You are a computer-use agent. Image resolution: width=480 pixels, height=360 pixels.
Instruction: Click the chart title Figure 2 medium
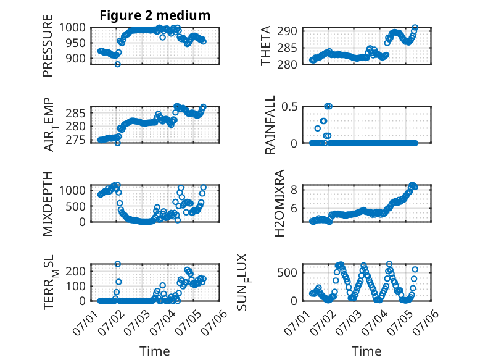[155, 15]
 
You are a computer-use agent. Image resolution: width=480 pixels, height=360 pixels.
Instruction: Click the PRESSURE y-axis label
[48, 46]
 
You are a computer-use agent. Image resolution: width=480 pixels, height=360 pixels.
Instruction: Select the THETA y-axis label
[266, 46]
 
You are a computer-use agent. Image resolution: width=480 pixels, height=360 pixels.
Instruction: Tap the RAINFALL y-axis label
[270, 125]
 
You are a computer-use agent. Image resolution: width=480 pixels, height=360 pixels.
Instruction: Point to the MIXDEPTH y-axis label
[48, 204]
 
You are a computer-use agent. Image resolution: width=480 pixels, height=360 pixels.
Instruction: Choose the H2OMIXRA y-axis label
[279, 203]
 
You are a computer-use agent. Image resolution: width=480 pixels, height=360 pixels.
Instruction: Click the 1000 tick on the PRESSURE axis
[72, 28]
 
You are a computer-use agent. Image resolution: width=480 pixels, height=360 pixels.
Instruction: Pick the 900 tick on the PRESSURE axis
[76, 58]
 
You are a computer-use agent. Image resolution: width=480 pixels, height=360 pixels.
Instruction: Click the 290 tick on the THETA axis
[287, 31]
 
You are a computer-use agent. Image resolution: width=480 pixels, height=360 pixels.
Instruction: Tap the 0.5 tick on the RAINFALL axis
[289, 107]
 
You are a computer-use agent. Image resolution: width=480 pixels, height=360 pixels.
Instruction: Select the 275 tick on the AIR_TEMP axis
[76, 140]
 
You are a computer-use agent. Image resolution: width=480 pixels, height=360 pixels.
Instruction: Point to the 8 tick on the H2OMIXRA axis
[294, 190]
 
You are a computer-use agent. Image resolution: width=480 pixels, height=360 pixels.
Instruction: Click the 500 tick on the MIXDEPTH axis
[76, 206]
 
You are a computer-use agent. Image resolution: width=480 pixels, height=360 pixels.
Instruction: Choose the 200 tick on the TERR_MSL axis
[76, 271]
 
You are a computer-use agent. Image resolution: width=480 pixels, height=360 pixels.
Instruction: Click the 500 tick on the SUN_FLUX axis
[287, 273]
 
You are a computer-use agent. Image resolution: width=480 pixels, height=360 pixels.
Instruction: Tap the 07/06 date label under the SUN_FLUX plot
[426, 322]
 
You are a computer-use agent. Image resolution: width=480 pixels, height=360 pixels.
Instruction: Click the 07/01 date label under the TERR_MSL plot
[85, 322]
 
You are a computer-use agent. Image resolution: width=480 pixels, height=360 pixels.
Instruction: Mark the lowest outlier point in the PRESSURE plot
[118, 64]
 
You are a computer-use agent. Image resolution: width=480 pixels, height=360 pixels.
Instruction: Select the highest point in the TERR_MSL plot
[118, 264]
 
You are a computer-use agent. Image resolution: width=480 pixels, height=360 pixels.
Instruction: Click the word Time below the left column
[155, 351]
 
